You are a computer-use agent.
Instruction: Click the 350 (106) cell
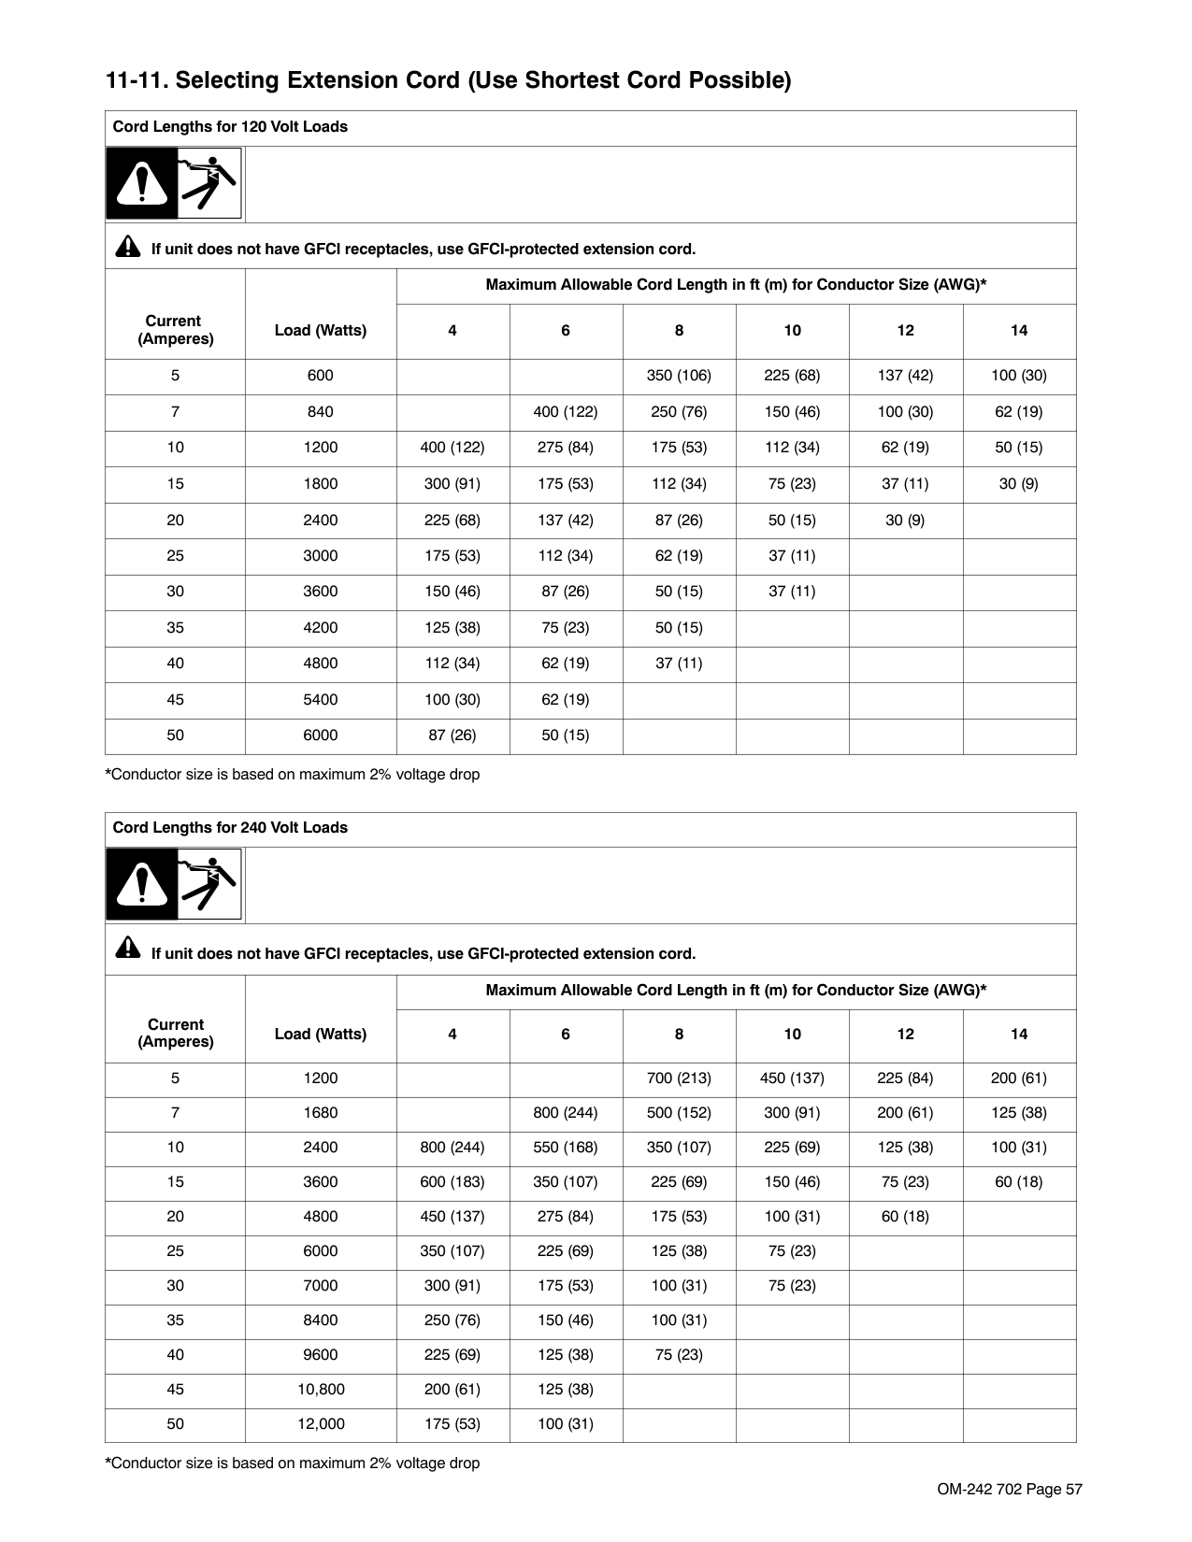[x=679, y=376]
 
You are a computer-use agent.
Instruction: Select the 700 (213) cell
[x=679, y=1078]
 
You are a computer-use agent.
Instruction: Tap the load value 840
[x=320, y=412]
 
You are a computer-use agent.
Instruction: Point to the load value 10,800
[x=321, y=1390]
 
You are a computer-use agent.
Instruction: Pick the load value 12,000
[x=321, y=1424]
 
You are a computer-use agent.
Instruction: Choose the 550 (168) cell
[x=565, y=1148]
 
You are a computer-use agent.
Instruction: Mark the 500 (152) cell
[x=679, y=1113]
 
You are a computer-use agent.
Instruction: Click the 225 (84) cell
[x=905, y=1078]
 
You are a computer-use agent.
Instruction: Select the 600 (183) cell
[x=452, y=1182]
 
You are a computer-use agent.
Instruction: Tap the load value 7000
[x=320, y=1286]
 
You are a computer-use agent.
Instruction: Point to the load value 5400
[x=320, y=700]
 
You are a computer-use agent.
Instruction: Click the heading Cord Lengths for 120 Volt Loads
[x=230, y=127]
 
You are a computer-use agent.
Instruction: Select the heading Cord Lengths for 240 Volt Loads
[x=230, y=828]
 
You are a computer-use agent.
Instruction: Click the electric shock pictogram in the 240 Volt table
[x=209, y=884]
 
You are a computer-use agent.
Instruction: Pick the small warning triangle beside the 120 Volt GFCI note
[x=127, y=248]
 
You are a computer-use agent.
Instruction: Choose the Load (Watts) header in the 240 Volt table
[x=320, y=1035]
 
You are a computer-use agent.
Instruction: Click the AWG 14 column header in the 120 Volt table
[x=1019, y=331]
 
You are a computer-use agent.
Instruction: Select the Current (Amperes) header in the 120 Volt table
[x=175, y=330]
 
